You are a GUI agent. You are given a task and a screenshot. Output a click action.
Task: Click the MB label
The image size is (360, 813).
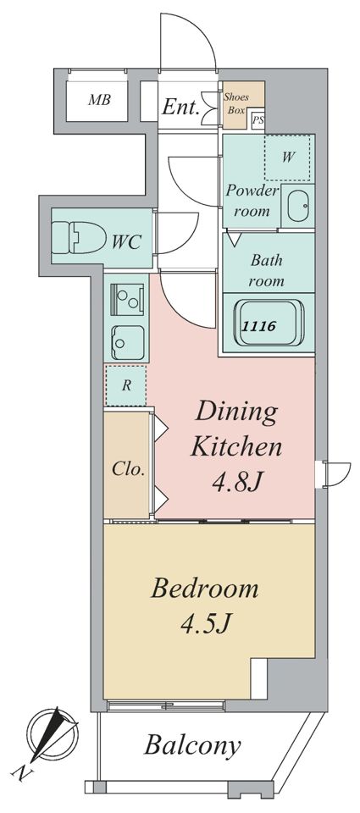99,100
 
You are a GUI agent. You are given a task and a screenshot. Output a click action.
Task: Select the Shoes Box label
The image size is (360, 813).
235,103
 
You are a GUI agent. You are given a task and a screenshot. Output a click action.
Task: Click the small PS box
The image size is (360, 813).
258,121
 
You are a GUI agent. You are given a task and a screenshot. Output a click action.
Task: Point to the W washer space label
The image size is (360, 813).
288,158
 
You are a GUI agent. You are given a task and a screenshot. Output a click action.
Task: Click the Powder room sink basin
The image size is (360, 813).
298,205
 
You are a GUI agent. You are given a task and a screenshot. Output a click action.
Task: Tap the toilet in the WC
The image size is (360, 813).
78,238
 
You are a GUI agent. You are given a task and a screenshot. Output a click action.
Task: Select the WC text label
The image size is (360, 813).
126,241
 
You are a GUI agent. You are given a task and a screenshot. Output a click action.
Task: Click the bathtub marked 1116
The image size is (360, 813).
268,325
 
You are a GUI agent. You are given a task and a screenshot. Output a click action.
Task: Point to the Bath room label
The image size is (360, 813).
268,270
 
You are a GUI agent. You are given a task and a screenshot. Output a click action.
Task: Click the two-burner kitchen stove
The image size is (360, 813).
127,299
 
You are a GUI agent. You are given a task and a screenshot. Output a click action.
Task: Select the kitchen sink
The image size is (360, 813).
126,343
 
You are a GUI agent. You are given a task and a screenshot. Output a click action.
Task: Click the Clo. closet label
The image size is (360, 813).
128,469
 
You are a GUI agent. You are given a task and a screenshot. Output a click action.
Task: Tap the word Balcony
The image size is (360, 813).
192,745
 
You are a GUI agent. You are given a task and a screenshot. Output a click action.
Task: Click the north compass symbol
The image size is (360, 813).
53,732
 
